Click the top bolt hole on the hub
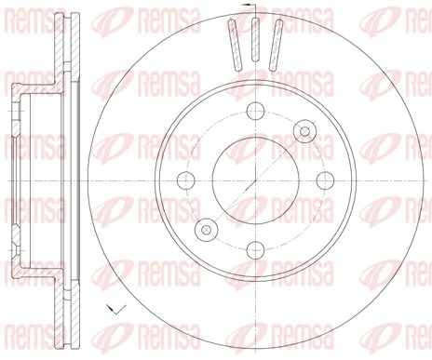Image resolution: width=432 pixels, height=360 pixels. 253,107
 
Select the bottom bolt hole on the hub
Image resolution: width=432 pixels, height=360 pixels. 253,248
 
